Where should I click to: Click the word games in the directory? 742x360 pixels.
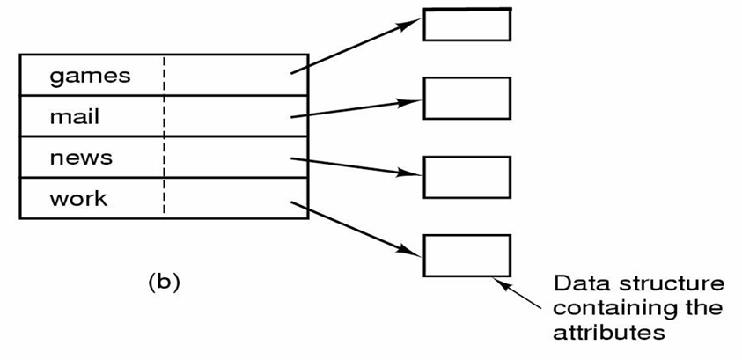tap(90, 76)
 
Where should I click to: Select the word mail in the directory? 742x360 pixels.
tap(74, 116)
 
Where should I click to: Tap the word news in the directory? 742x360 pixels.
tap(81, 158)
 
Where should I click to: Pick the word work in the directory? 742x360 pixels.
tap(78, 198)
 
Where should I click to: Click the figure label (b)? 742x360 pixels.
tap(163, 282)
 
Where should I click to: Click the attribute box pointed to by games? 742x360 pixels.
tap(467, 24)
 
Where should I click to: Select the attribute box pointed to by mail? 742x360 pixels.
tap(467, 97)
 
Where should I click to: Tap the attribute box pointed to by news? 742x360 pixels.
tap(467, 177)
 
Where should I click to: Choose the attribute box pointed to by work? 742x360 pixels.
tap(467, 255)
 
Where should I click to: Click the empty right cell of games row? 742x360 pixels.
tap(234, 76)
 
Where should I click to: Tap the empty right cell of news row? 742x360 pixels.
tap(234, 158)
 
